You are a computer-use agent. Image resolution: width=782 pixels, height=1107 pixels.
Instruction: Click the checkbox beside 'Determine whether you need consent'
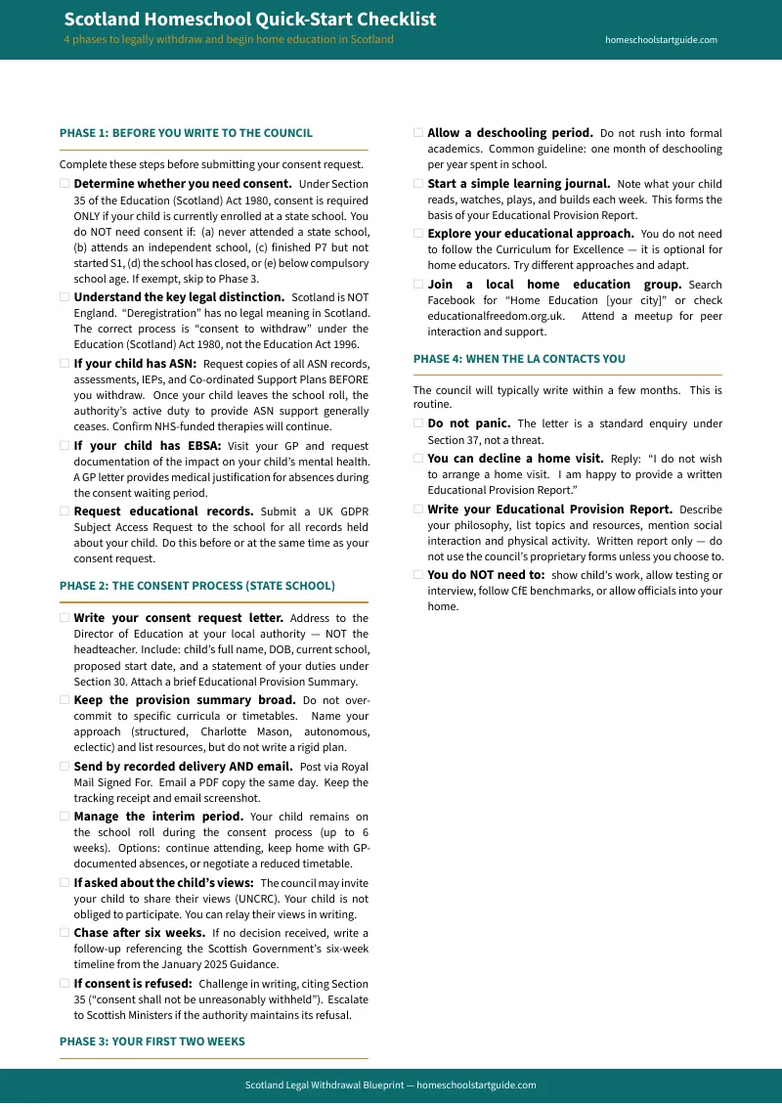click(x=65, y=184)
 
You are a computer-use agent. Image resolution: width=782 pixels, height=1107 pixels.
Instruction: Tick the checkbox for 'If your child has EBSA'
click(x=65, y=446)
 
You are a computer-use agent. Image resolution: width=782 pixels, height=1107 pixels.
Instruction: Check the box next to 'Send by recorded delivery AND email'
click(x=65, y=767)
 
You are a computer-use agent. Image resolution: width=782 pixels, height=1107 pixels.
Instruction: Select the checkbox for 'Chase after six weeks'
click(x=65, y=933)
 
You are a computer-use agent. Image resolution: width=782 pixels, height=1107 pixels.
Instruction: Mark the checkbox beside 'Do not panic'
click(x=418, y=423)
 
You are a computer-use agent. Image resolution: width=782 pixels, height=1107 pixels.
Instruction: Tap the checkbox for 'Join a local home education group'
click(x=418, y=285)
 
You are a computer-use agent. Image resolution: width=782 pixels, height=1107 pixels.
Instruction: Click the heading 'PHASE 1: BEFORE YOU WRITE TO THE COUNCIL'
click(x=186, y=133)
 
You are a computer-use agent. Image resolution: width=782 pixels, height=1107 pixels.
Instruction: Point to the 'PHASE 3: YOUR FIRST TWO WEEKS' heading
click(x=152, y=1041)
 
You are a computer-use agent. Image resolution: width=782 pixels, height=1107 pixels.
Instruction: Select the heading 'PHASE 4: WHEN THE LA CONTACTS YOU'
click(x=519, y=359)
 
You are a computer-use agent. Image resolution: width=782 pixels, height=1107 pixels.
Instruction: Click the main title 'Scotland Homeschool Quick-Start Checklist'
click(x=250, y=20)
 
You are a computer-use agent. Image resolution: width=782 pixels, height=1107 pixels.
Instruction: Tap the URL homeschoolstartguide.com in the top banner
click(x=661, y=40)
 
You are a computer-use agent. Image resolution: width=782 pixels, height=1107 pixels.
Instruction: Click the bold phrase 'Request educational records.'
click(x=163, y=511)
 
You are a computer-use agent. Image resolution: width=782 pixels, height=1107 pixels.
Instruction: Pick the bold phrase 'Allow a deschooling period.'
click(x=509, y=133)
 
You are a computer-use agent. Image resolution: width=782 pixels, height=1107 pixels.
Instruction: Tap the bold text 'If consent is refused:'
click(x=133, y=984)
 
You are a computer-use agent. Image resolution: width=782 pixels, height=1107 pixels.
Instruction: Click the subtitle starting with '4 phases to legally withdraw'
click(x=229, y=40)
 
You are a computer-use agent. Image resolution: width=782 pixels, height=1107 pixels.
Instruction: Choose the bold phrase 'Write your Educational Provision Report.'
click(x=549, y=509)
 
